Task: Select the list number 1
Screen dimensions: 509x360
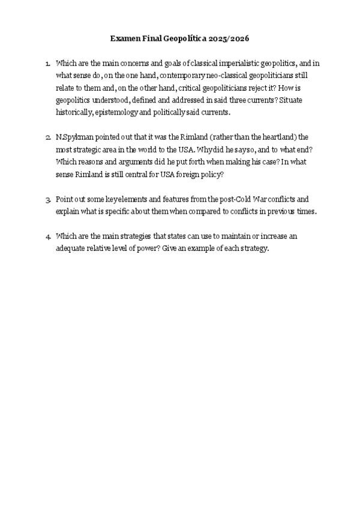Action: click(x=47, y=63)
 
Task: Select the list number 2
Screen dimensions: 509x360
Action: click(x=47, y=137)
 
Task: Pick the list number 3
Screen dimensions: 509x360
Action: click(x=47, y=199)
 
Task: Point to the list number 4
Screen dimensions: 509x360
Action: click(x=47, y=236)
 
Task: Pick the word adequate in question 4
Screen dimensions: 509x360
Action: click(x=71, y=248)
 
